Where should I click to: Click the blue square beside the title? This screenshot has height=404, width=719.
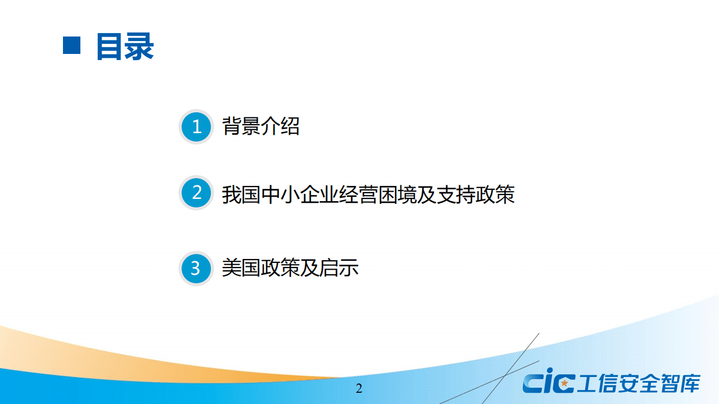[72, 46]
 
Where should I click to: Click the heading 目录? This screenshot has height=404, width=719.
[125, 46]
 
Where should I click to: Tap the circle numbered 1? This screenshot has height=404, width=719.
[196, 126]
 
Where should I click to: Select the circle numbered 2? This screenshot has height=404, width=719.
[196, 193]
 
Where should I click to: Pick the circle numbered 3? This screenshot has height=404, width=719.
[196, 268]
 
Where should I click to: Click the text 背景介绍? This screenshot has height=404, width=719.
[261, 126]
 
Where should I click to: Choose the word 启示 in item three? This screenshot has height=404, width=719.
[339, 268]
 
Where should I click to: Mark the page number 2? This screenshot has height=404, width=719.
[359, 389]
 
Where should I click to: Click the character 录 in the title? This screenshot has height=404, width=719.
[139, 46]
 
